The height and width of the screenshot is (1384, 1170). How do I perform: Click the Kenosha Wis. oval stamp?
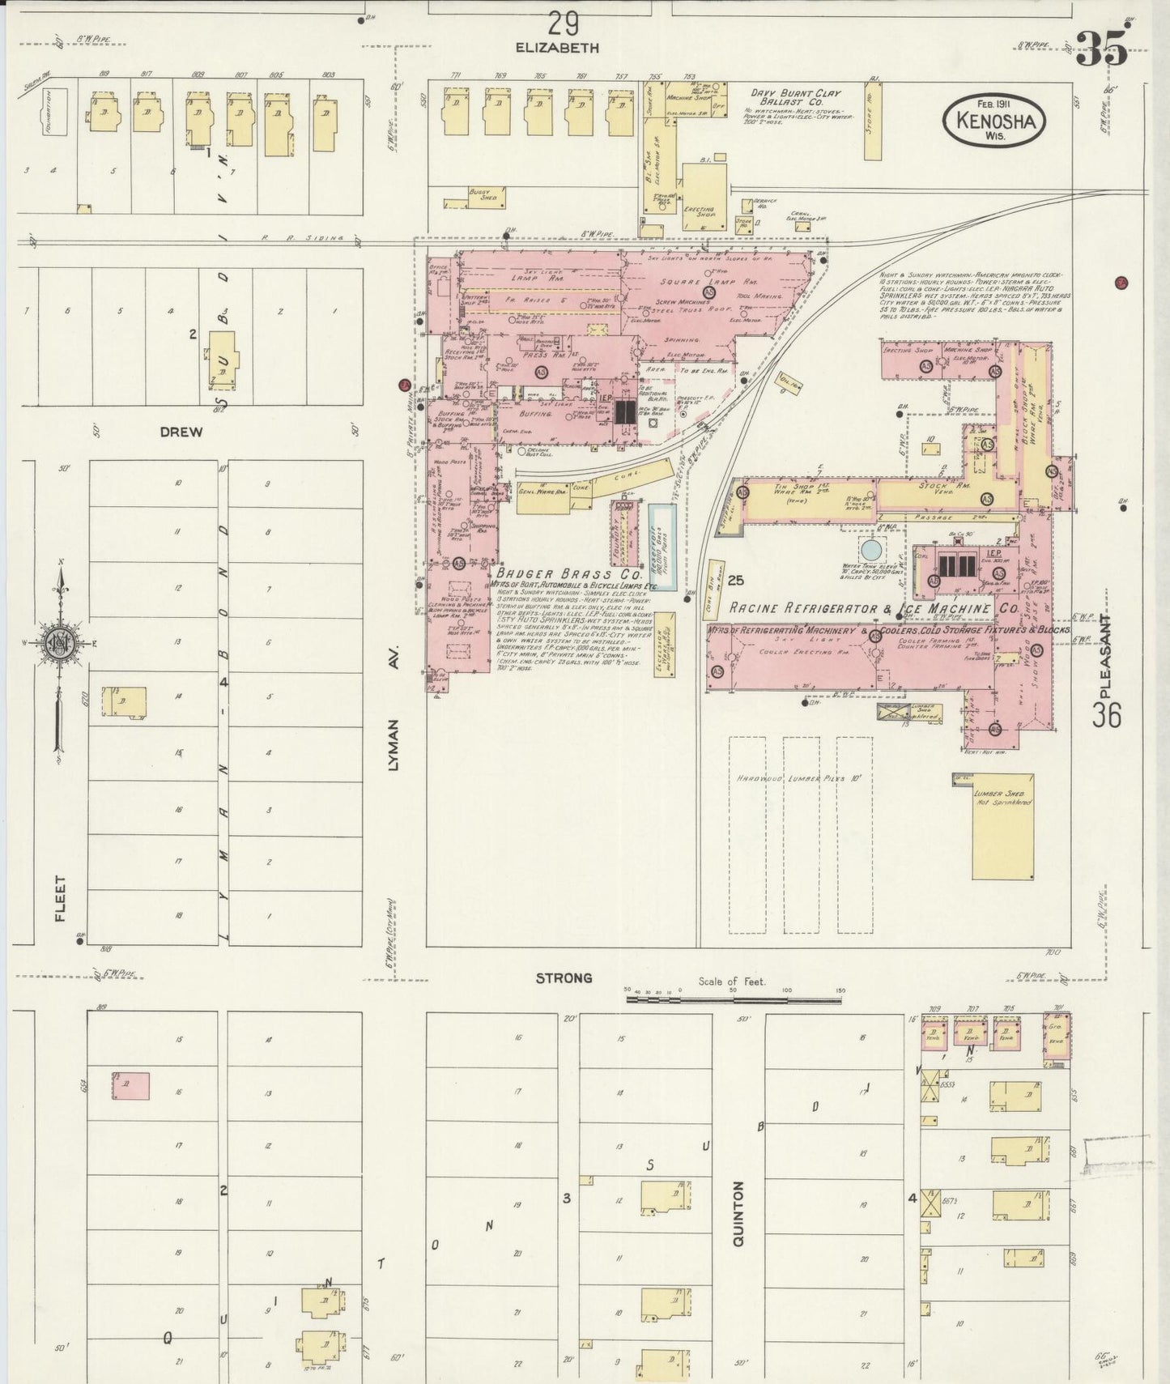(994, 121)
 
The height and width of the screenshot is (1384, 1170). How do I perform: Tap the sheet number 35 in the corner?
(1101, 50)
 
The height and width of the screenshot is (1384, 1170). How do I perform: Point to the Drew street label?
(181, 432)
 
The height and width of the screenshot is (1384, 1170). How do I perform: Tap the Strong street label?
(564, 978)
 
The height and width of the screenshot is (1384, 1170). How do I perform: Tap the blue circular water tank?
(871, 548)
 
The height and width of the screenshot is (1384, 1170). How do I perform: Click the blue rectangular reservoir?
(662, 546)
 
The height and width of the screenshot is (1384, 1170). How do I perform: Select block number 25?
(735, 580)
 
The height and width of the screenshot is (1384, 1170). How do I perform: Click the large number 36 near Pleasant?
(1106, 714)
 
